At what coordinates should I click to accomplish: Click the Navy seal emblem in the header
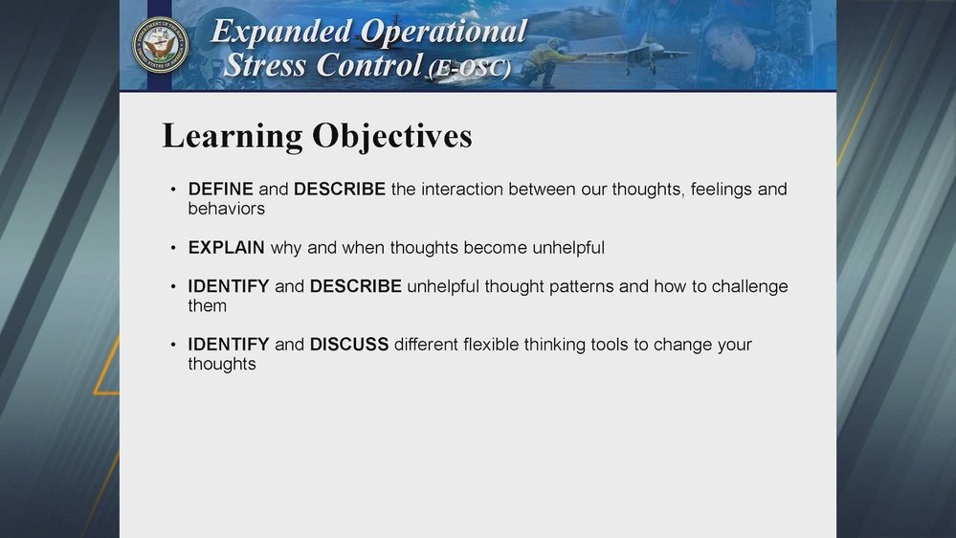(161, 44)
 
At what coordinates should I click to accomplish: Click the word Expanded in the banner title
(280, 31)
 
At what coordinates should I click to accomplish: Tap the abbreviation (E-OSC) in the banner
(470, 68)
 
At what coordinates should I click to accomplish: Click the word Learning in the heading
(232, 136)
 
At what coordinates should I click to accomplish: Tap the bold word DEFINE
(220, 190)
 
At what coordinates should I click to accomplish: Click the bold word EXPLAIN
(226, 248)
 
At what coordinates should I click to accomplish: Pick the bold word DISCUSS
(348, 345)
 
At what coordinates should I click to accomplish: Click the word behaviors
(226, 209)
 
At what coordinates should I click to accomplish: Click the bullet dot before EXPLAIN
(173, 249)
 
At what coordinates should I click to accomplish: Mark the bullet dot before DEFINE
(173, 191)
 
